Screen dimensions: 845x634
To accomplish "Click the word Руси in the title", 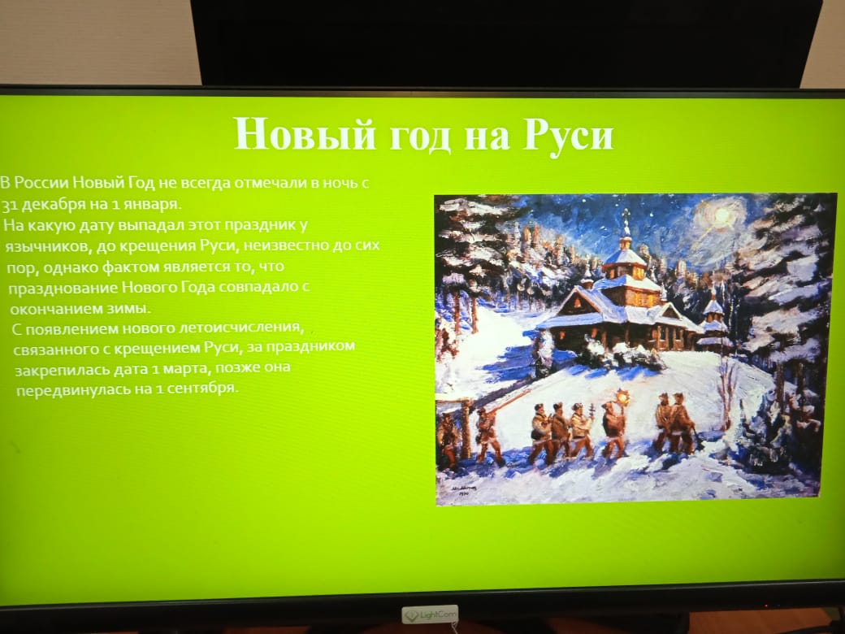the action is click(568, 135).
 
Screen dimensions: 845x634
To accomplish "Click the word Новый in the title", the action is click(305, 132).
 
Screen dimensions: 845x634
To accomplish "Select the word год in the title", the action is click(419, 137).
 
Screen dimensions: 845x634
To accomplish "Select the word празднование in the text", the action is click(63, 289).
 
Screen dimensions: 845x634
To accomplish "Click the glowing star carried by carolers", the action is click(624, 397).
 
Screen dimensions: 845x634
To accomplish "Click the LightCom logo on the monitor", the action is click(430, 614).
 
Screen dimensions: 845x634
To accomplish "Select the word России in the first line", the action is click(41, 183).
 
